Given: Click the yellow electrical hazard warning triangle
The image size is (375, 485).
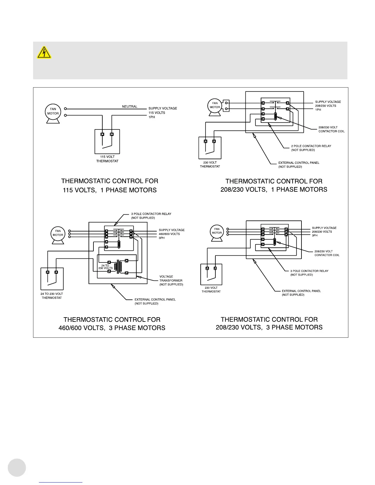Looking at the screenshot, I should pos(44,53).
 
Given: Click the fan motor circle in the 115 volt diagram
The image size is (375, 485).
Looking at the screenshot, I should pos(53,111).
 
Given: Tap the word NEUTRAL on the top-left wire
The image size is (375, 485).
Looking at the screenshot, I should pos(130,107).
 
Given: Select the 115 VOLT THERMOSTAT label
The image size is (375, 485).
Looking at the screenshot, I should pos(107,159).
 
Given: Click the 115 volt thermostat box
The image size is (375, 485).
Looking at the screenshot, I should pos(107,141).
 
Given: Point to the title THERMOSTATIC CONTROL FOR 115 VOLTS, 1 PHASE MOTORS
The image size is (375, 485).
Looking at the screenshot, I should pos(110,186).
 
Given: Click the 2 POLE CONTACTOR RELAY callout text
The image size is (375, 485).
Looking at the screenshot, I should pos(311,148).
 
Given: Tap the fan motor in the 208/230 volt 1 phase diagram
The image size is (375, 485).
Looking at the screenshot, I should pos(215,105).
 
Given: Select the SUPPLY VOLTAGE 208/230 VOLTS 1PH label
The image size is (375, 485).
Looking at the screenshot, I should pos(328,106).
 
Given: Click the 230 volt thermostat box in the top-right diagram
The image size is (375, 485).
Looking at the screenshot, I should pos(210,148).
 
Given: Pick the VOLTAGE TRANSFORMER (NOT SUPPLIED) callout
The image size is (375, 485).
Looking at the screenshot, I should pos(171,280).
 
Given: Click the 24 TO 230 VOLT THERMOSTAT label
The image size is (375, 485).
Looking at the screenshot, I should pos(52,296).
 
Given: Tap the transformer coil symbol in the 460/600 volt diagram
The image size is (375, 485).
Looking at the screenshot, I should pos(118,267).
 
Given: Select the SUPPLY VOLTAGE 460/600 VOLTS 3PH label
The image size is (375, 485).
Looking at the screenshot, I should pos(172,234).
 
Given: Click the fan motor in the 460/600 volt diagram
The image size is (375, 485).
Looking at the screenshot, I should pos(58,233).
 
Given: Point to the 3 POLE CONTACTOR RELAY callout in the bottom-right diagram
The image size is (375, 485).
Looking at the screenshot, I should pos(309,273).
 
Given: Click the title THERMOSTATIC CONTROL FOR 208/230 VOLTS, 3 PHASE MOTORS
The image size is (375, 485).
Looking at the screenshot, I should pos(269,323).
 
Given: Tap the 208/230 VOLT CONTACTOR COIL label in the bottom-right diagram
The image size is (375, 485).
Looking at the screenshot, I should pos(327,253).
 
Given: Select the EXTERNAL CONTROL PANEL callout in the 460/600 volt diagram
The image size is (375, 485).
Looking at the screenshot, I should pos(155,302).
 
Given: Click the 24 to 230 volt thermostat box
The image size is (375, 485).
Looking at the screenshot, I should pos(52,279).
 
